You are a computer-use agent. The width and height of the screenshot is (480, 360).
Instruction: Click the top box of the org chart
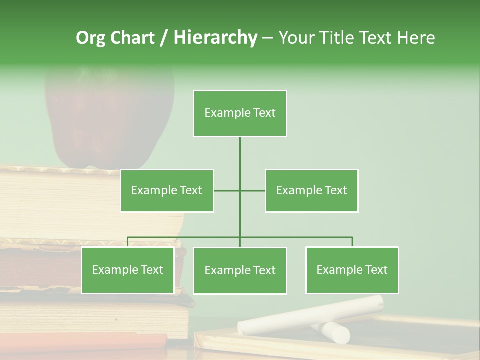point(240,113)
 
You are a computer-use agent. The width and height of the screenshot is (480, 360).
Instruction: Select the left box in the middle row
point(167,190)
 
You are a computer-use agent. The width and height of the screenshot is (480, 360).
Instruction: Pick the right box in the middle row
point(311,190)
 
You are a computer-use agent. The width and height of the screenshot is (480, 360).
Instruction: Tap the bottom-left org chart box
point(127,270)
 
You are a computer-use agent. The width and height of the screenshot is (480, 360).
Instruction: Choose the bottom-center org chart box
point(240,271)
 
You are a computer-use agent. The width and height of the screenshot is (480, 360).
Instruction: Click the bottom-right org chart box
point(352,270)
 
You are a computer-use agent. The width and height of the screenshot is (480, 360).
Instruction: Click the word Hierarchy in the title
point(215,37)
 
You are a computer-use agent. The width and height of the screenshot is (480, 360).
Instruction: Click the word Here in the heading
point(416,38)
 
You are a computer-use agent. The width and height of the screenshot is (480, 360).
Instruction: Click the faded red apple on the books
point(110,117)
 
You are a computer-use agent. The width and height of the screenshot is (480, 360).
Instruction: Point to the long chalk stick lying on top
point(310,314)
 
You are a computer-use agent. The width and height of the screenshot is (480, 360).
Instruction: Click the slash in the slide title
point(164,38)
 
